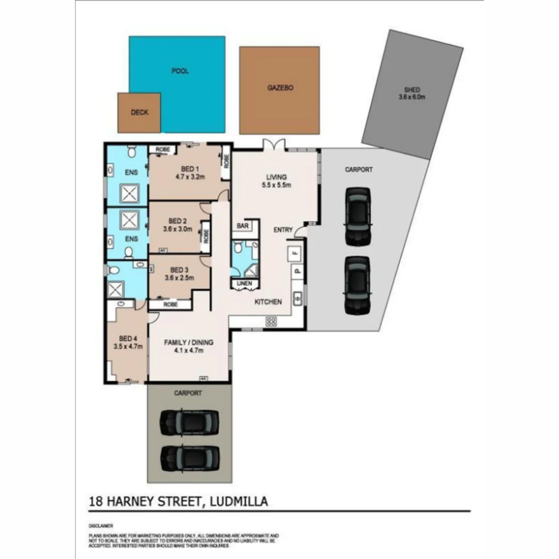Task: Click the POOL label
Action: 180,71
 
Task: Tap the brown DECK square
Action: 139,112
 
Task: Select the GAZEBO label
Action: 280,88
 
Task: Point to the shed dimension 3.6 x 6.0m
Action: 412,97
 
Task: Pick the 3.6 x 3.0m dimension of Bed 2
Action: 178,229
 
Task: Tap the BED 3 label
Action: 179,270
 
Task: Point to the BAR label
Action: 242,226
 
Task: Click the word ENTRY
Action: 284,230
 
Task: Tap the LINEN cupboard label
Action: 244,284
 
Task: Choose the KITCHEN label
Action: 268,302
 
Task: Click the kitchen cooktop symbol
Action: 271,321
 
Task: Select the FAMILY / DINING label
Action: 189,342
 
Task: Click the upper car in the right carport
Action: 358,216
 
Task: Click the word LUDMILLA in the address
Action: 240,501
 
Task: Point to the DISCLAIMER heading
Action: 100,525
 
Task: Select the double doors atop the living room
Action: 273,144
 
